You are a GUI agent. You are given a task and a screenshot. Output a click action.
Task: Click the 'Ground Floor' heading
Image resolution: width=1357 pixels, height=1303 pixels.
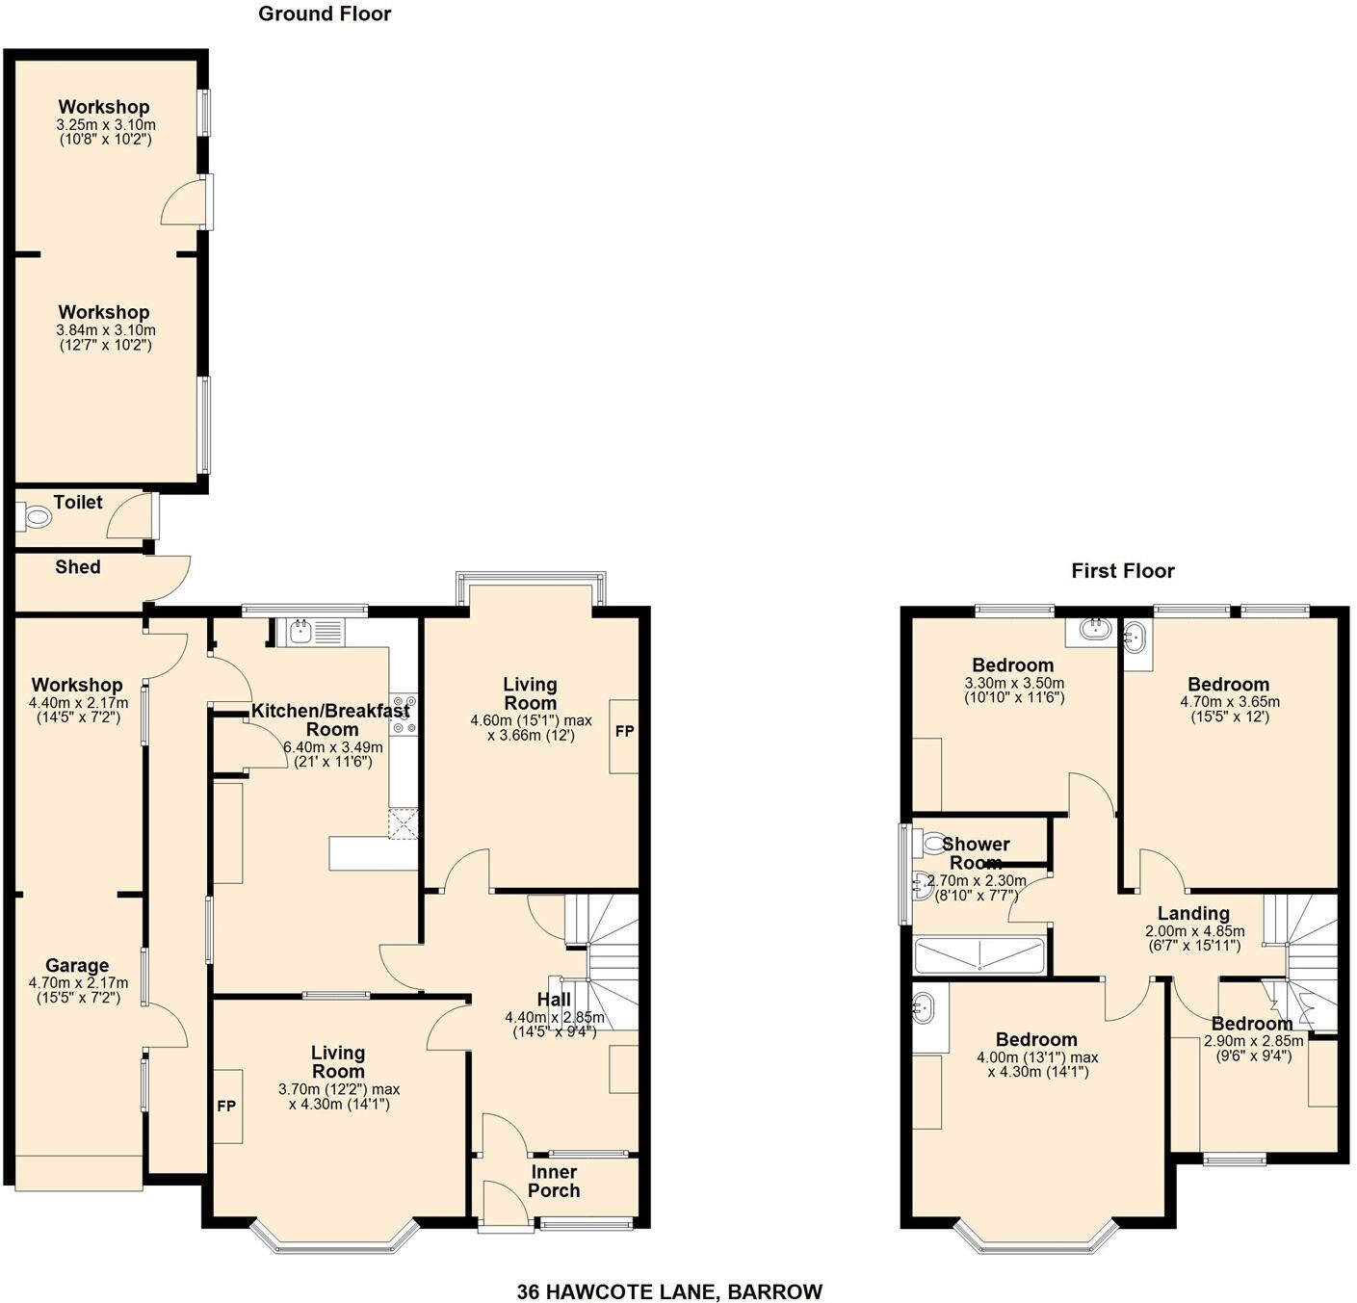pos(325,13)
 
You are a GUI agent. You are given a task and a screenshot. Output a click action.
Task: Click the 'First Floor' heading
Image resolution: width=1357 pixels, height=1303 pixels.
pos(1122,571)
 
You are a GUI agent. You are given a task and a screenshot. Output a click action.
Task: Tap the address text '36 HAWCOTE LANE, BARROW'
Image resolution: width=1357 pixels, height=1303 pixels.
pos(669,1291)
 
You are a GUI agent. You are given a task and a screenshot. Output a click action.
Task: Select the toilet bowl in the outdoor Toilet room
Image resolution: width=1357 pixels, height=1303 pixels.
pos(36,518)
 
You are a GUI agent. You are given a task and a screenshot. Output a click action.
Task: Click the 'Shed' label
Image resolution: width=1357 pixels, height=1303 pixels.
pos(77,567)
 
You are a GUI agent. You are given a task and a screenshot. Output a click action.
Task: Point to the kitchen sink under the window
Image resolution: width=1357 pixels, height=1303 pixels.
pos(301,632)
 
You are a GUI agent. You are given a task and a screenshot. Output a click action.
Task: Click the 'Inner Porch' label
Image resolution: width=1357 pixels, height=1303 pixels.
pos(554,1181)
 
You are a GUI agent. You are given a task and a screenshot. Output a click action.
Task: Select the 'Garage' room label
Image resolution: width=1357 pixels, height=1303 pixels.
pos(77,965)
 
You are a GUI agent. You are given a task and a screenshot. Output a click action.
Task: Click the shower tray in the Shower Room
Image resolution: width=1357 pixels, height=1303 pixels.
pos(979,955)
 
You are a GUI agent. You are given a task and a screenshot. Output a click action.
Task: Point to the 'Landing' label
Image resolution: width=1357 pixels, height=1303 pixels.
pos(1193,913)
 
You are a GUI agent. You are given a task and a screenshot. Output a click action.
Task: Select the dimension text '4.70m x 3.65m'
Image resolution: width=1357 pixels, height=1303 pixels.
pos(1228,702)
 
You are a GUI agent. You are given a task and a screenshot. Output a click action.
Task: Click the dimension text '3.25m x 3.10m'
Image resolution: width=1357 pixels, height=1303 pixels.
pos(105,125)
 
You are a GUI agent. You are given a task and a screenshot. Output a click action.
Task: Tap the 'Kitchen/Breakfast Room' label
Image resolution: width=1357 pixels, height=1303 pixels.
pos(330,720)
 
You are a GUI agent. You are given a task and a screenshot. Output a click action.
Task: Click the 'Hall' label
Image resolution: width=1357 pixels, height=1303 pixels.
pos(554,1000)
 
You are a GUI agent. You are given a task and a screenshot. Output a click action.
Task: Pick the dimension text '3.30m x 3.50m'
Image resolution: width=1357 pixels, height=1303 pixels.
pos(1013,683)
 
